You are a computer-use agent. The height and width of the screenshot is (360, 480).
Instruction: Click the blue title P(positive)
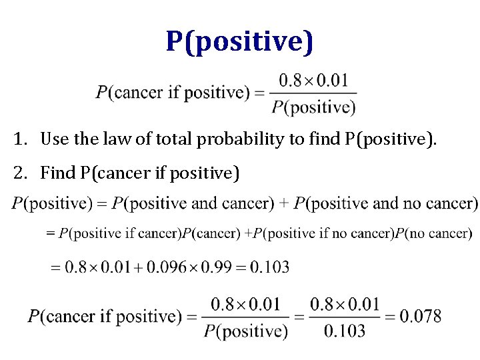(239, 41)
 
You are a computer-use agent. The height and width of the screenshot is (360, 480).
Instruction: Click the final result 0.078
(420, 316)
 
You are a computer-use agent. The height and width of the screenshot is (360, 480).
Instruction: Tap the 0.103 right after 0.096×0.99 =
(269, 267)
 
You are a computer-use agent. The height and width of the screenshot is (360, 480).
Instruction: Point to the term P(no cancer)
(433, 233)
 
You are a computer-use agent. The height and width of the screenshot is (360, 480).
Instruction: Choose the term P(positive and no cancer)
(386, 202)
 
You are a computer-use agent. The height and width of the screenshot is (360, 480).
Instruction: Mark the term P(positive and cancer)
(193, 202)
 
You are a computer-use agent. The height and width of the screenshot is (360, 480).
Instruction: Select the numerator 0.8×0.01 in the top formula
(313, 81)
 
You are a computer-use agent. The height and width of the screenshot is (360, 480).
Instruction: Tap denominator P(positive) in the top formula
(313, 107)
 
